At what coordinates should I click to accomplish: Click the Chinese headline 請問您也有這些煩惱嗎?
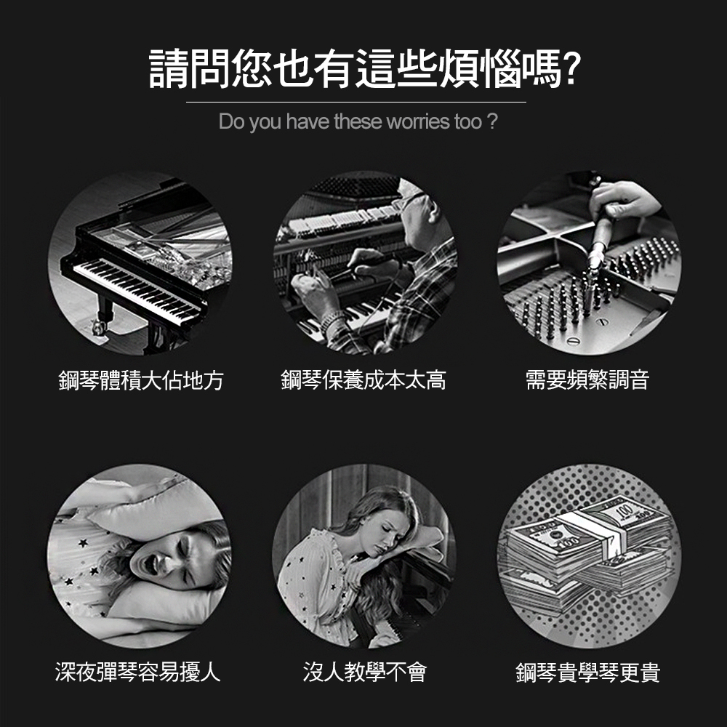(364, 69)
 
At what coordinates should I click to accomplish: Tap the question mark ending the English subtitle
(492, 121)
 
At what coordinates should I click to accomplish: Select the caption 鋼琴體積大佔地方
(141, 381)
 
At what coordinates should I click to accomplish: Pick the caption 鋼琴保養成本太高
(363, 380)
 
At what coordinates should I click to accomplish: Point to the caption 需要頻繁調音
(587, 380)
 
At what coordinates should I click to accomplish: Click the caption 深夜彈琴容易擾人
(137, 672)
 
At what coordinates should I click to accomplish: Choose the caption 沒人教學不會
(364, 672)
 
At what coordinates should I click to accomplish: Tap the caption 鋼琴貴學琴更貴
(588, 672)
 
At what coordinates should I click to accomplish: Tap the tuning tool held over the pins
(593, 250)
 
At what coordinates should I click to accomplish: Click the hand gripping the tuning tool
(622, 199)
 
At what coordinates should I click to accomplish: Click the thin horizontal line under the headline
(356, 102)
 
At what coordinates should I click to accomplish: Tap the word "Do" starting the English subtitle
(230, 121)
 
